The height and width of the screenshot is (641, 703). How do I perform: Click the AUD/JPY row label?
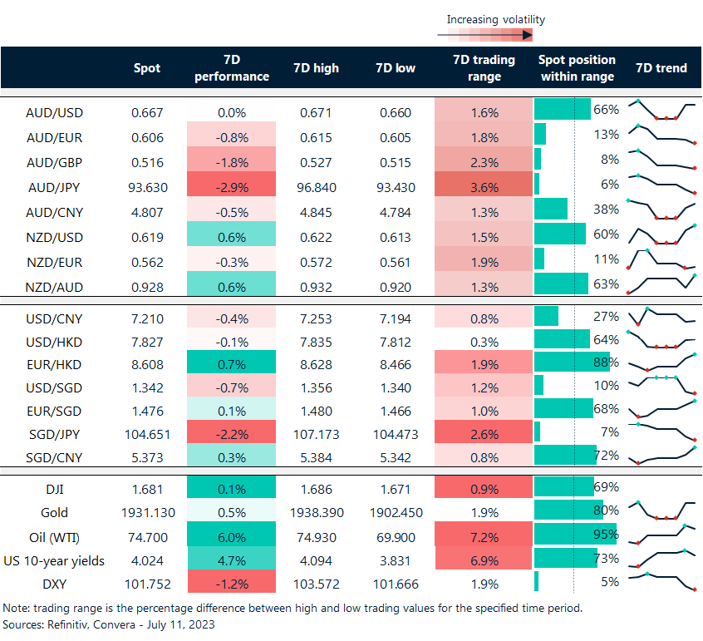pos(54,187)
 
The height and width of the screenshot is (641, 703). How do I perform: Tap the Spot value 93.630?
pos(148,187)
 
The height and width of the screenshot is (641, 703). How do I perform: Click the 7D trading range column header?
pos(483,67)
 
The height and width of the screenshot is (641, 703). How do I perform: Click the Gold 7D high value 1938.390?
pos(316,512)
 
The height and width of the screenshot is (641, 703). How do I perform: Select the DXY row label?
pos(54,583)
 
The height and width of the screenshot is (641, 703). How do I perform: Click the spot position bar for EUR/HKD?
pos(572,363)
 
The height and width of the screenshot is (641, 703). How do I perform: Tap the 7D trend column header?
pos(661,67)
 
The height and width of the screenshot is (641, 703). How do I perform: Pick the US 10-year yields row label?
pos(54,560)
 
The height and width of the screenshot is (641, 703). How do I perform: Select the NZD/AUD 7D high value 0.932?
pos(316,287)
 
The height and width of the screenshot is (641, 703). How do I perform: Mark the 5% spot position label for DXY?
pos(610,582)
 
